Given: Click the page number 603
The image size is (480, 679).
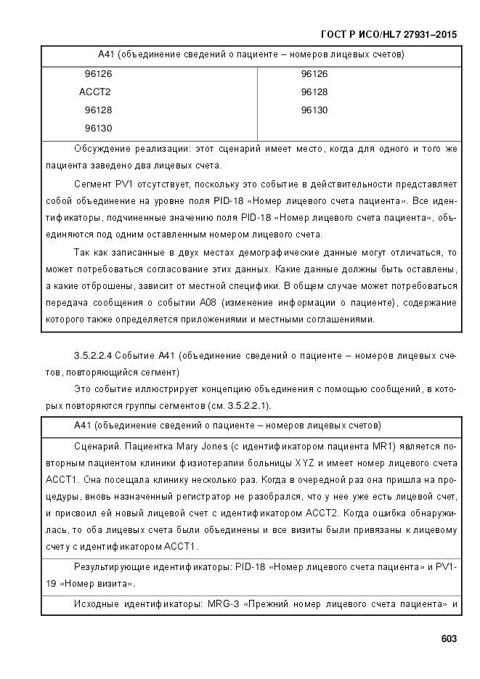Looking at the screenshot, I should click(449, 639).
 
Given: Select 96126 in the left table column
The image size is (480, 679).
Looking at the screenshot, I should click(98, 74).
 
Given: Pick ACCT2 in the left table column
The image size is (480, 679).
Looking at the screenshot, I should click(94, 92).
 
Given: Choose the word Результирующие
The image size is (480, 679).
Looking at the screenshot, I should click(117, 566).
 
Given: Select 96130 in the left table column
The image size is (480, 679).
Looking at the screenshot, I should click(98, 128).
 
